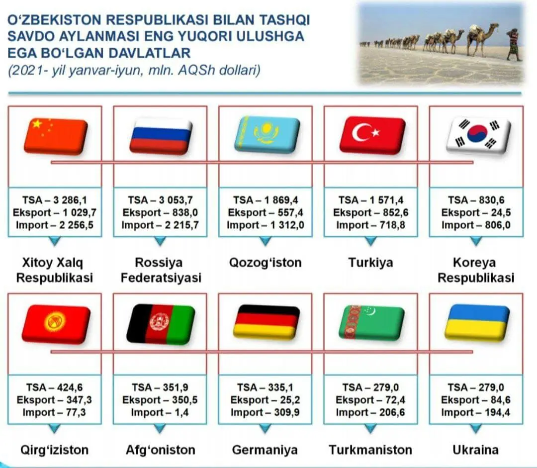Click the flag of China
click(56, 136)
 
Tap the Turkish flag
click(372, 135)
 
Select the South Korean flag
click(478, 135)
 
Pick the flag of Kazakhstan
click(267, 134)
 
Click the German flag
click(266, 322)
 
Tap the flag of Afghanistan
click(161, 323)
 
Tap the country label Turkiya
click(370, 263)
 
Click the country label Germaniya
click(265, 450)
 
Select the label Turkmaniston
click(370, 450)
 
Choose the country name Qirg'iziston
click(55, 450)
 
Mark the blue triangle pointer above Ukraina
click(476, 428)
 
